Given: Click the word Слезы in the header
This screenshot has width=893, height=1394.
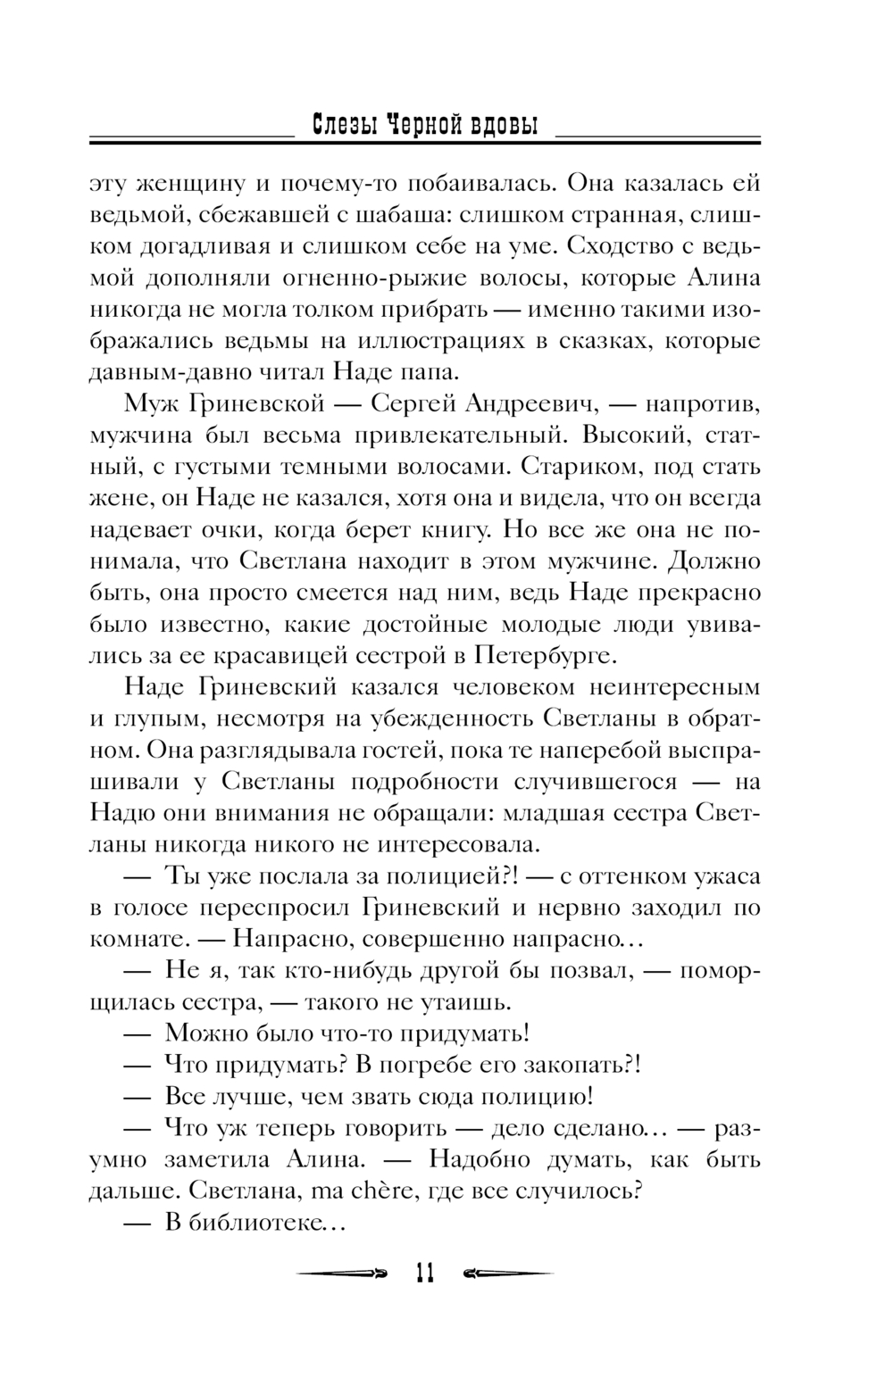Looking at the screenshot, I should [340, 125].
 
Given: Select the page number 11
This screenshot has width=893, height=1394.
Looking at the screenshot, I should [424, 1274].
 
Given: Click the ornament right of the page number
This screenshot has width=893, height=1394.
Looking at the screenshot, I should [509, 1274].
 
